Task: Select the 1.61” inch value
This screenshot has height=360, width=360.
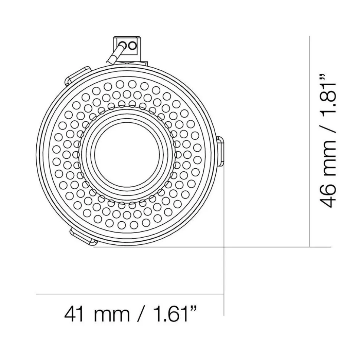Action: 171,314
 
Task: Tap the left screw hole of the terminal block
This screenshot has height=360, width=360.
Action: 125,46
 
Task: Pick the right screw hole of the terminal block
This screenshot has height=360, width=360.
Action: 133,46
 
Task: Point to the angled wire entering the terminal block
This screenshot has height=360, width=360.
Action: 115,54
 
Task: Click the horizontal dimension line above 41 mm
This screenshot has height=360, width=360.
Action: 130,294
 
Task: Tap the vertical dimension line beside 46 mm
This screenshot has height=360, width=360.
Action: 310,141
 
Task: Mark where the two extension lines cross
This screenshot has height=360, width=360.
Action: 224,247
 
